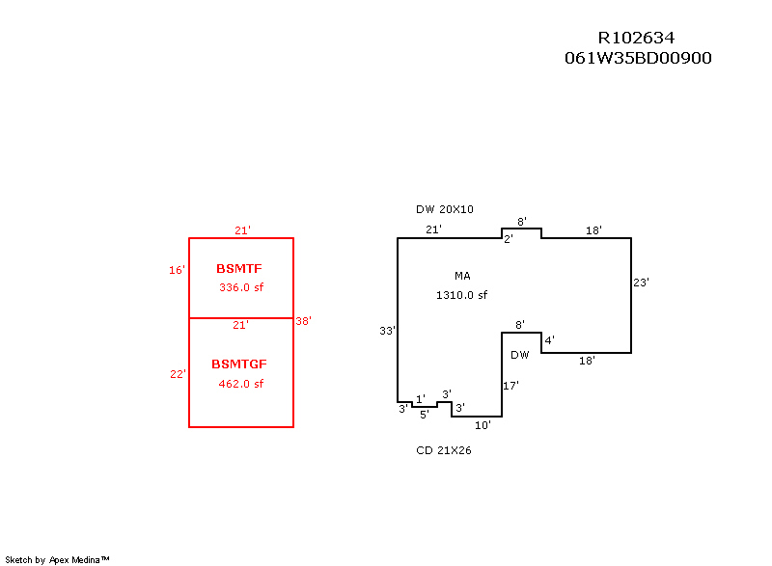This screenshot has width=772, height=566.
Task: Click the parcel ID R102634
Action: [x=636, y=38]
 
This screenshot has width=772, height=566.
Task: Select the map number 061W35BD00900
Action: [x=638, y=58]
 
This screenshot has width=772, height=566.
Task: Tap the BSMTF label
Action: [x=239, y=268]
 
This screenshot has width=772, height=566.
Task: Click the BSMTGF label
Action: [x=239, y=364]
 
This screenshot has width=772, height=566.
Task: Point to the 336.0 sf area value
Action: [x=241, y=287]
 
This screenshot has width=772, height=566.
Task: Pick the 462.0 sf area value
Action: [x=241, y=384]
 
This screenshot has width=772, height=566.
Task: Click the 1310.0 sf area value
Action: [x=462, y=295]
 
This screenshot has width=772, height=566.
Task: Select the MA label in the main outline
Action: [x=462, y=276]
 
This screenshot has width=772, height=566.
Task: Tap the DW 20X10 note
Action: [x=445, y=209]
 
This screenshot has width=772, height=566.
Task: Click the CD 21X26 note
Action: [x=444, y=450]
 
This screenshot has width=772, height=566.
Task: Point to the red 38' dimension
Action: [x=303, y=321]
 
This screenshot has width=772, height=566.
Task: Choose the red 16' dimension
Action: [x=177, y=271]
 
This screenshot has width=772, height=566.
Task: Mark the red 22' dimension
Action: [x=178, y=374]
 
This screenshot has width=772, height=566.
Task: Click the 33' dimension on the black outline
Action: [x=387, y=331]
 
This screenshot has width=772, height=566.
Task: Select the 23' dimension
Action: [x=641, y=283]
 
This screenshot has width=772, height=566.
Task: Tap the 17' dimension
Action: [x=511, y=386]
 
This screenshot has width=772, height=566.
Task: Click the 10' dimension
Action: [x=483, y=424]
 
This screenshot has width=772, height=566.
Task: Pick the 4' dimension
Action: [x=549, y=340]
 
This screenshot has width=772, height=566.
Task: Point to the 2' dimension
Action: [x=508, y=239]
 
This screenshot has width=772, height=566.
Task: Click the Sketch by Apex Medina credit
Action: [x=58, y=559]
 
